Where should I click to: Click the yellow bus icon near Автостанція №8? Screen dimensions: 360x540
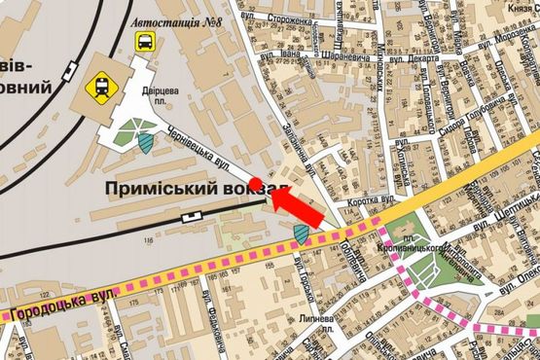point(145,41)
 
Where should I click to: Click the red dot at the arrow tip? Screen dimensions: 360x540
point(256,183)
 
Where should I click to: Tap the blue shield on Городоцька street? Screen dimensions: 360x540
point(302,234)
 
